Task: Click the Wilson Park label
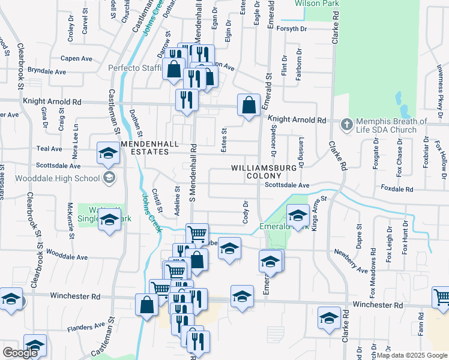click(x=318, y=4)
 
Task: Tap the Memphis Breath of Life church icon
click(x=346, y=125)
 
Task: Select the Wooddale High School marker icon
click(x=109, y=177)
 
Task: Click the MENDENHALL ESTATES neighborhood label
click(x=145, y=148)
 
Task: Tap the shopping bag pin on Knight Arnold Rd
click(x=249, y=106)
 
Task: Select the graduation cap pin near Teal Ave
click(x=108, y=154)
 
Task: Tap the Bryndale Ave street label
click(x=47, y=71)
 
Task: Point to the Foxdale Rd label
click(x=397, y=189)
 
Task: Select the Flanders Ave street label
click(x=86, y=327)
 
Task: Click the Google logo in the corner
click(x=20, y=353)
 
